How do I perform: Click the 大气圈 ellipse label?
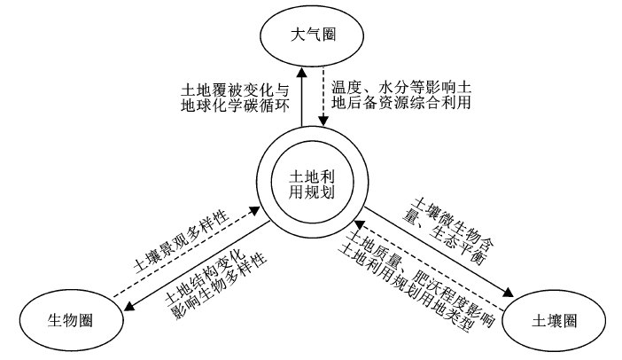313,35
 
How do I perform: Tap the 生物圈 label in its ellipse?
70,320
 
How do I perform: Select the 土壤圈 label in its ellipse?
554,321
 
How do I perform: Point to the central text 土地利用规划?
312,184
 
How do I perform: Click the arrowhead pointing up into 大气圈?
302,72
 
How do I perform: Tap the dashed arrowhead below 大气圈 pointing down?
323,121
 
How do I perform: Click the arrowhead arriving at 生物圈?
129,305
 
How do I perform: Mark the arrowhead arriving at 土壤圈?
509,293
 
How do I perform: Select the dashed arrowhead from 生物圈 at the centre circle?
254,210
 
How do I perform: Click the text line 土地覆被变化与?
235,90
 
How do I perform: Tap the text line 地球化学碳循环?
235,106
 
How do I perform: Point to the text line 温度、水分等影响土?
401,87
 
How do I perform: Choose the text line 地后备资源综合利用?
401,103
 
